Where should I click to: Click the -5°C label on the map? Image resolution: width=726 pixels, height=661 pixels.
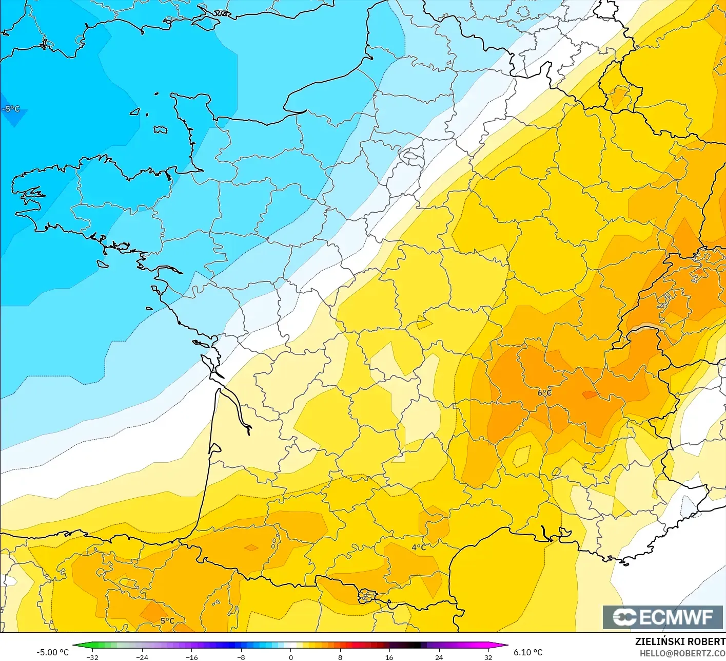click(x=11, y=109)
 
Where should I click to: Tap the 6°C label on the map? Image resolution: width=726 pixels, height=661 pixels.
click(x=544, y=393)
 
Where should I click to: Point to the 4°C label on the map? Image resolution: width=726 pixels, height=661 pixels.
click(x=419, y=547)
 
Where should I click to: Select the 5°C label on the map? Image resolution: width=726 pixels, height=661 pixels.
click(x=167, y=620)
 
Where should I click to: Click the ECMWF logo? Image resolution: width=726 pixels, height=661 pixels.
click(x=663, y=617)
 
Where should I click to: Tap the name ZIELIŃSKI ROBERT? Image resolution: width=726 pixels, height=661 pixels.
click(x=680, y=641)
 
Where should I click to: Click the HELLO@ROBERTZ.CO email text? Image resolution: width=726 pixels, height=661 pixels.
click(x=682, y=653)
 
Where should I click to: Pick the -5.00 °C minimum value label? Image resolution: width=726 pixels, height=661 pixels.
click(x=53, y=652)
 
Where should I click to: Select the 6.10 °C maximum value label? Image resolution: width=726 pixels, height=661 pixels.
click(x=528, y=652)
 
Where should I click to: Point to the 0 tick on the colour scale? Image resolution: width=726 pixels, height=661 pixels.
click(x=291, y=657)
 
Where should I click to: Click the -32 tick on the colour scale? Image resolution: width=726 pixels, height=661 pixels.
click(x=92, y=657)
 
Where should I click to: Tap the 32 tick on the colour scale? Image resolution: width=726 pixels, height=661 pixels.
click(x=488, y=657)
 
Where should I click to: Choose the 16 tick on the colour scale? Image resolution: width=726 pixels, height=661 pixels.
click(x=389, y=657)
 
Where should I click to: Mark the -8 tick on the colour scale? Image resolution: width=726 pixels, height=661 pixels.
click(x=241, y=657)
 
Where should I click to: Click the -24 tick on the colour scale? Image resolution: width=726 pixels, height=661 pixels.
click(x=142, y=657)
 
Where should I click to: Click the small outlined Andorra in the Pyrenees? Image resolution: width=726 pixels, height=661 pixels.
click(x=367, y=596)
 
